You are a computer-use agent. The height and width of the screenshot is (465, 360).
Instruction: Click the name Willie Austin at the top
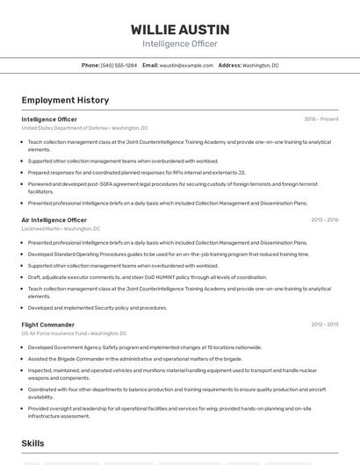click(x=180, y=30)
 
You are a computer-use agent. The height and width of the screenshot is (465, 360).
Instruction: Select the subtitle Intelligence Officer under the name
click(x=180, y=44)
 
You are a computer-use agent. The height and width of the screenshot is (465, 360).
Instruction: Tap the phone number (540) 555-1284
click(x=119, y=65)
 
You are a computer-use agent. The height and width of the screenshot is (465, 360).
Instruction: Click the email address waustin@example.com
click(x=186, y=65)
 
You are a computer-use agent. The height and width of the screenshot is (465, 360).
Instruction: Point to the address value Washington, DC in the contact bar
click(x=261, y=65)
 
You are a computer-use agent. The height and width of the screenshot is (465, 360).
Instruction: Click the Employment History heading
click(x=65, y=100)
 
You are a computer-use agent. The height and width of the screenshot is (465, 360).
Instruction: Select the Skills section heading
click(x=33, y=444)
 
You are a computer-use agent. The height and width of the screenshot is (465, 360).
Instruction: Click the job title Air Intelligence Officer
click(x=54, y=220)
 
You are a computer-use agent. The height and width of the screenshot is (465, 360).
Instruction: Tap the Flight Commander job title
click(x=47, y=325)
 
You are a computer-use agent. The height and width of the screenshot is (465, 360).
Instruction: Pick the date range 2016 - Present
click(x=321, y=119)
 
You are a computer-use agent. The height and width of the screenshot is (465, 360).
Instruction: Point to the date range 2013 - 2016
click(x=324, y=220)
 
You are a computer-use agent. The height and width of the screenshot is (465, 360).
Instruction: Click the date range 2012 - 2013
click(x=324, y=325)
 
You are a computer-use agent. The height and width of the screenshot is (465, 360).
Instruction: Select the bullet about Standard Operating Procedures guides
click(x=169, y=254)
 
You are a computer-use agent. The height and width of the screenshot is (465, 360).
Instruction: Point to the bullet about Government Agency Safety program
click(x=144, y=347)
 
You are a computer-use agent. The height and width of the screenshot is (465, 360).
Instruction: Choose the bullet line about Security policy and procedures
click(x=97, y=308)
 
